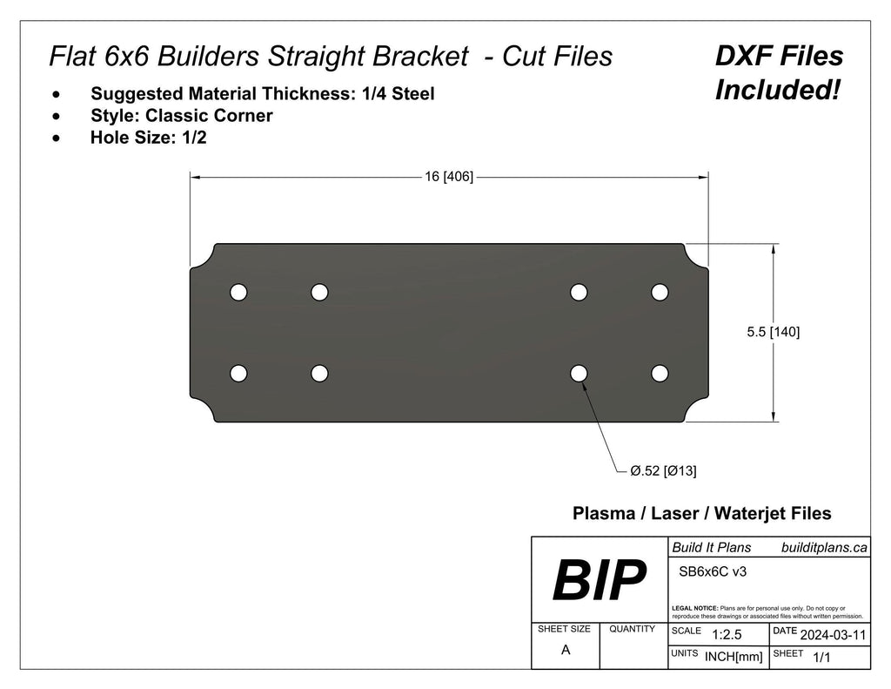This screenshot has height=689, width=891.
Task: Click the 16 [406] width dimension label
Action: click(x=448, y=177)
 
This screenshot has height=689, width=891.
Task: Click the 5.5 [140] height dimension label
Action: click(x=774, y=332)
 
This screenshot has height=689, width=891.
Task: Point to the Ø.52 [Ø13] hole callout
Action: click(x=663, y=471)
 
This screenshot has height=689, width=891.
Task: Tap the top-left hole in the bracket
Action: click(x=238, y=292)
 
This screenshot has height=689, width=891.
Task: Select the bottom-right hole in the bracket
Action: click(x=660, y=374)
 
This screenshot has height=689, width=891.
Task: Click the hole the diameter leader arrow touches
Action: click(x=579, y=374)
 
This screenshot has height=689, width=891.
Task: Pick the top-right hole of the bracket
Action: click(x=660, y=292)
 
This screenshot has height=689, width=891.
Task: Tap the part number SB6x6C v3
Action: click(x=712, y=572)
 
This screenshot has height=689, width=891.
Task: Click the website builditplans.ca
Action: click(x=823, y=547)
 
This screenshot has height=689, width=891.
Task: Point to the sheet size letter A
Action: click(x=566, y=650)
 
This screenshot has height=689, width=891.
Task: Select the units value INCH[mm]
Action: click(x=734, y=657)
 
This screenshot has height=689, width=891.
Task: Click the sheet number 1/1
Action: click(x=821, y=659)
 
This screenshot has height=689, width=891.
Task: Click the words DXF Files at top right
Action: click(x=779, y=57)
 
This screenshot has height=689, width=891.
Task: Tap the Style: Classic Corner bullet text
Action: click(x=181, y=115)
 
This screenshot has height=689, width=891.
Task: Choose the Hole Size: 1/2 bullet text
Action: click(x=148, y=137)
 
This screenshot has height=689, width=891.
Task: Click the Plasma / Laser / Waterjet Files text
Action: click(x=701, y=514)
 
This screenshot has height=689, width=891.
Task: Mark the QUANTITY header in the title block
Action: click(x=632, y=628)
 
